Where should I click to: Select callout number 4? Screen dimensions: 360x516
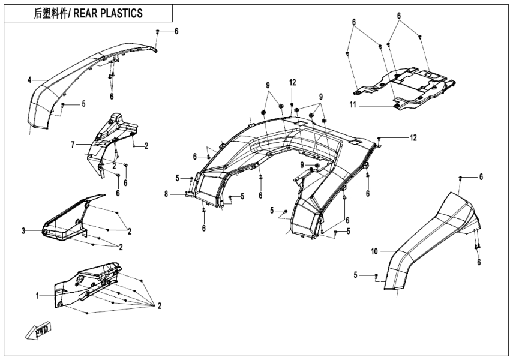click(x=28, y=79)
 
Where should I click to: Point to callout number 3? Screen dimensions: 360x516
click(x=23, y=230)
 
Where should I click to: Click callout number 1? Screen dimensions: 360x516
click(x=37, y=295)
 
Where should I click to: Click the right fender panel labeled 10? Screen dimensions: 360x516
click(x=432, y=240)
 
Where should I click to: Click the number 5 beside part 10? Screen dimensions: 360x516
click(x=356, y=275)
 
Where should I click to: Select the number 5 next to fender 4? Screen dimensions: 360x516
click(x=83, y=103)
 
